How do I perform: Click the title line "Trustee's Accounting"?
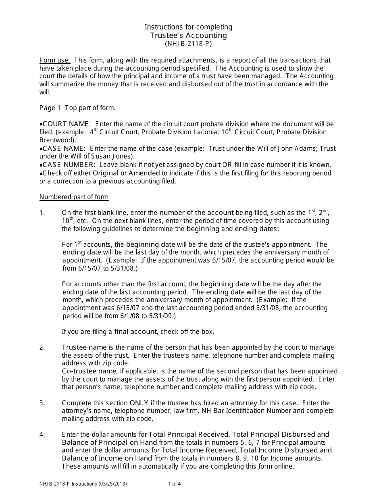point(189,35)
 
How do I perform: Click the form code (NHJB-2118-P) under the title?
point(188,44)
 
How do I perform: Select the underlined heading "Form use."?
point(55,60)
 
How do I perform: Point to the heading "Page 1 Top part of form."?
point(77,108)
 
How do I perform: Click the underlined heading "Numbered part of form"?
point(74,197)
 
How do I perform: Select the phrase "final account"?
point(135,332)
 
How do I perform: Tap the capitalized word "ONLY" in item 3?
point(139,403)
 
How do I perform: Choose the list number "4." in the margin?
point(42,435)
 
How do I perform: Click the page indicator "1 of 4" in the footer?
point(174,484)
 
